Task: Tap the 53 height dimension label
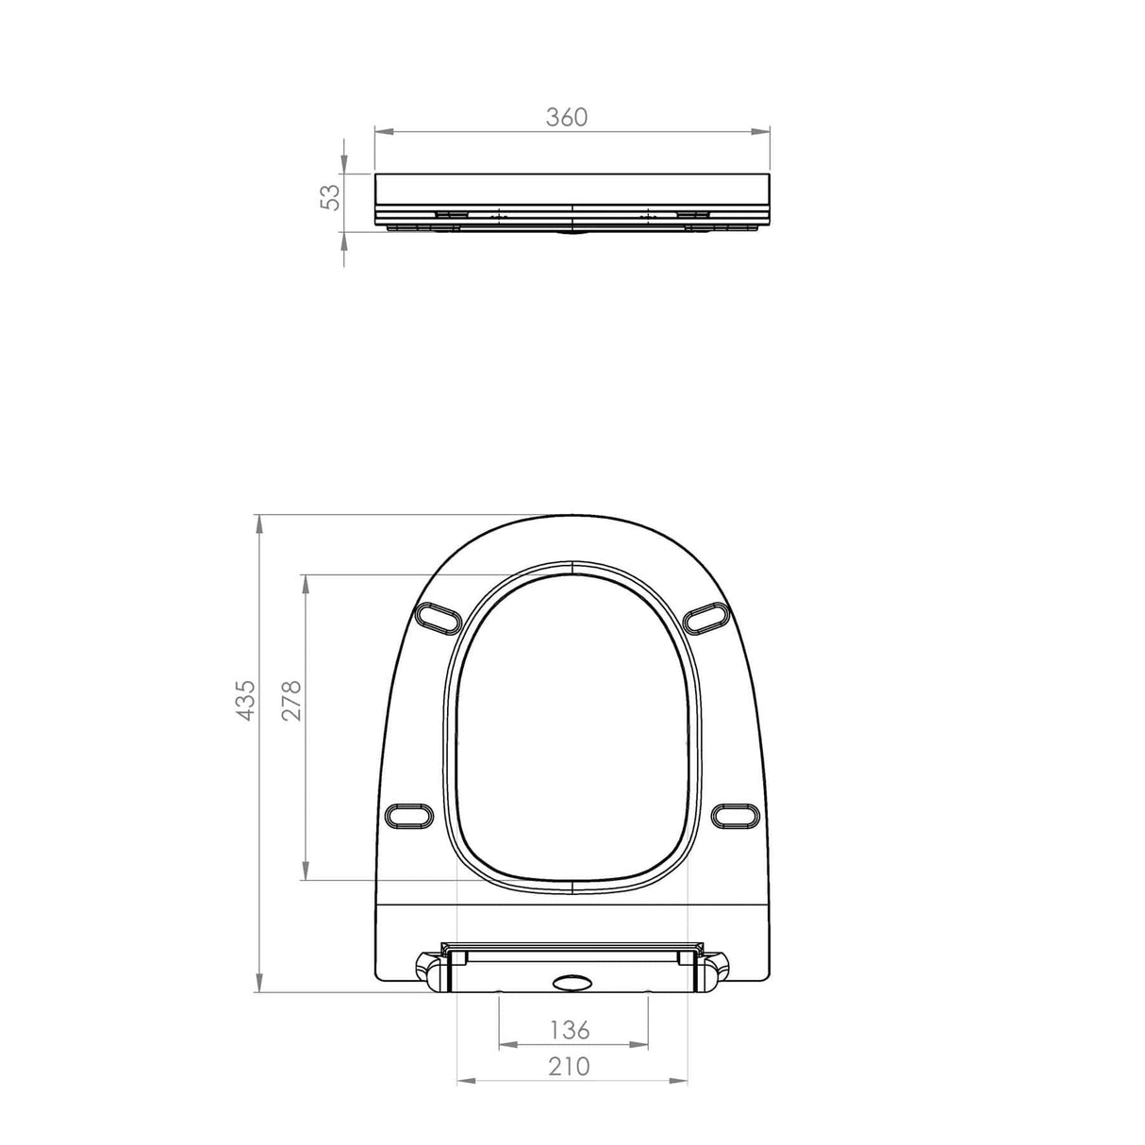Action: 330,196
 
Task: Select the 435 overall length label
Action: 244,700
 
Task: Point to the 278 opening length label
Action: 290,700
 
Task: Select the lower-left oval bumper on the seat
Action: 410,814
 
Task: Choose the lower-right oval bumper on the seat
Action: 736,815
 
